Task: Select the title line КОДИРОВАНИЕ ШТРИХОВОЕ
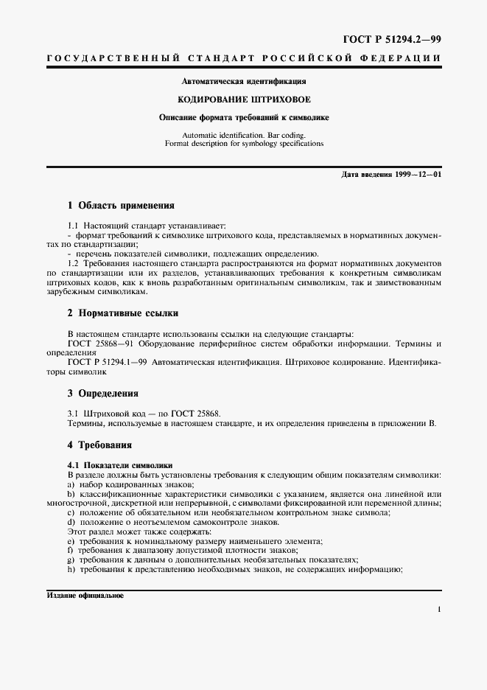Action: pyautogui.click(x=243, y=98)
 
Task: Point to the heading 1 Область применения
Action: pyautogui.click(x=121, y=205)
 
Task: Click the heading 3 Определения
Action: pyautogui.click(x=103, y=393)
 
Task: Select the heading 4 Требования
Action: pyautogui.click(x=99, y=445)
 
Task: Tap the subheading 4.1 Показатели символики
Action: pyautogui.click(x=120, y=465)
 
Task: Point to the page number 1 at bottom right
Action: pyautogui.click(x=438, y=610)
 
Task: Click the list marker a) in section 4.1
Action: pyautogui.click(x=71, y=484)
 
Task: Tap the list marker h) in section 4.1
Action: pyautogui.click(x=71, y=570)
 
